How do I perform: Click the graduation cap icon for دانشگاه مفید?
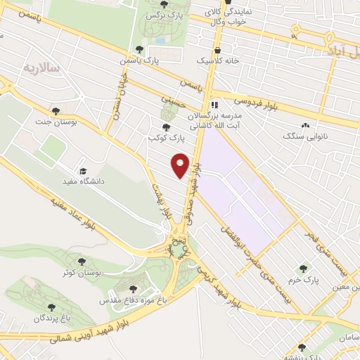coord(82,172)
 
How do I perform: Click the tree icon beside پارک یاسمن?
coord(139,49)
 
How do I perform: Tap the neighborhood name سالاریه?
coord(39,67)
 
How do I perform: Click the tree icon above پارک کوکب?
coord(166,127)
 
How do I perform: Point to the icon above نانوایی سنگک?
coord(304,126)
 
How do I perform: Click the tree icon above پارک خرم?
coord(303,268)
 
